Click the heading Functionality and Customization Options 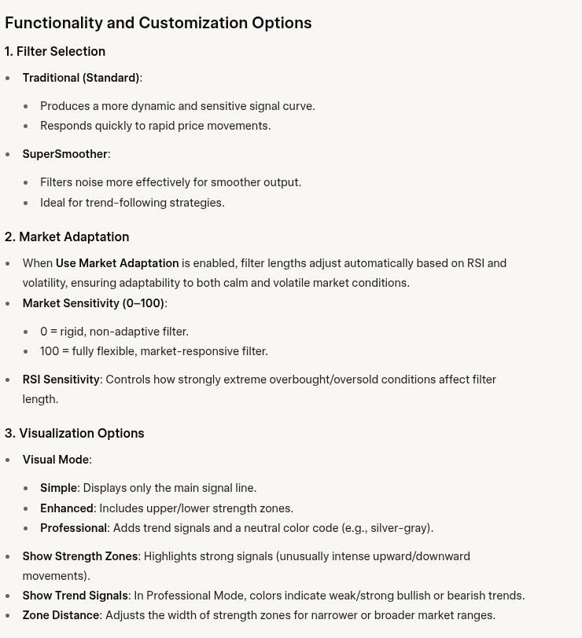(x=158, y=23)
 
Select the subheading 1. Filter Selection (x=55, y=51)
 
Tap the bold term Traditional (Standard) (x=80, y=78)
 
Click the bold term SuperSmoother (x=64, y=154)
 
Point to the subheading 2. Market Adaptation (x=67, y=236)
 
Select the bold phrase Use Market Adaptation (x=117, y=263)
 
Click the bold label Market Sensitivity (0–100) (x=93, y=303)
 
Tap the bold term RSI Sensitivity (x=61, y=379)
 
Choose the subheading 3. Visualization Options (x=74, y=433)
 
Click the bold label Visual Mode (x=55, y=460)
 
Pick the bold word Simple (x=58, y=488)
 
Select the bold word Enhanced (x=66, y=508)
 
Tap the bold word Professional (x=73, y=528)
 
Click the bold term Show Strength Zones (x=79, y=556)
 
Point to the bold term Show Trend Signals (x=75, y=596)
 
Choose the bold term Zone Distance (x=61, y=615)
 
